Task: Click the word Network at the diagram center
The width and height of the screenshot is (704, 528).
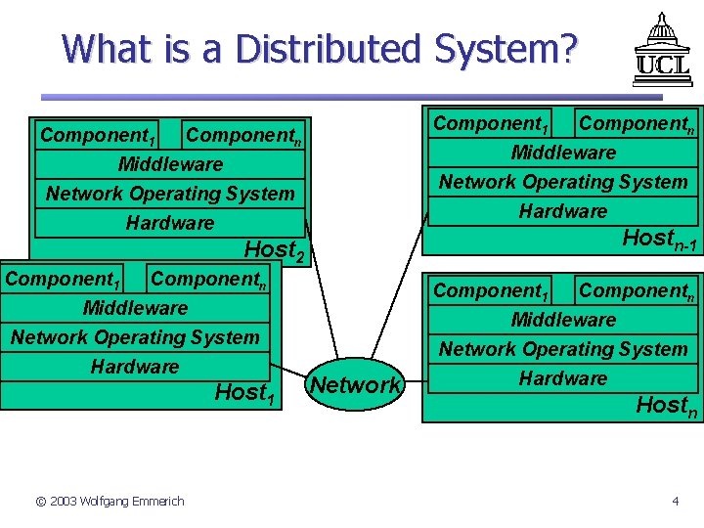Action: click(355, 385)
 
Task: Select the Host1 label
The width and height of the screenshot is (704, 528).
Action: click(241, 393)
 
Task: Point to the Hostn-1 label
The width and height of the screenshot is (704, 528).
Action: click(659, 238)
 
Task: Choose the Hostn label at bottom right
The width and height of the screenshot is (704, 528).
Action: click(668, 405)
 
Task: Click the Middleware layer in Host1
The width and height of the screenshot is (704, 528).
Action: click(135, 308)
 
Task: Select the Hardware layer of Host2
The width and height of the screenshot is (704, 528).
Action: click(170, 223)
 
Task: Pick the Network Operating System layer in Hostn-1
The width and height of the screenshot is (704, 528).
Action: click(563, 182)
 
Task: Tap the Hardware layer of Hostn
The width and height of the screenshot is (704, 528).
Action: click(563, 378)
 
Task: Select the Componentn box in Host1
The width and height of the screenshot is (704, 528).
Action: click(208, 279)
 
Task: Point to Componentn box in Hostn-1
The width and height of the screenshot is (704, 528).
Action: click(636, 124)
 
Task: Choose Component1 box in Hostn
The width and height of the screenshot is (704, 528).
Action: click(491, 290)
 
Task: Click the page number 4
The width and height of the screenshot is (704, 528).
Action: click(675, 502)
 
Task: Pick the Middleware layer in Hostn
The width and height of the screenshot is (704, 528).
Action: click(563, 320)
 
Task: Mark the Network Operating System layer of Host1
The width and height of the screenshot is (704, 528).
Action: click(135, 337)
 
